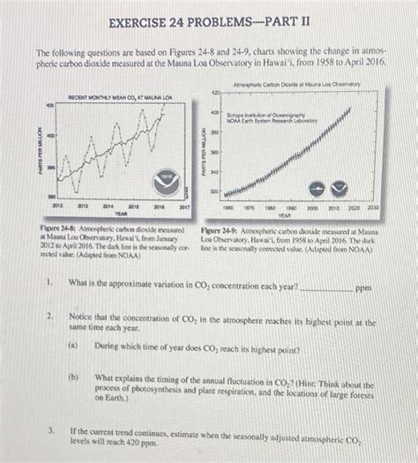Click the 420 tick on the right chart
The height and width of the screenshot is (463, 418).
pos(213,92)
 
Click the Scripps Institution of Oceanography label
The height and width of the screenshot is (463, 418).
pos(263,115)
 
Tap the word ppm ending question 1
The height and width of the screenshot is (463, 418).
pos(363,288)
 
